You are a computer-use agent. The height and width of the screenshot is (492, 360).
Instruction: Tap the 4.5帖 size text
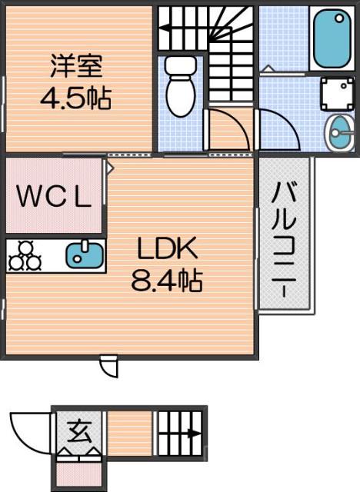pos(75,98)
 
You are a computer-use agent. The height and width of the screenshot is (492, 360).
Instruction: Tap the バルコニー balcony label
pos(285,238)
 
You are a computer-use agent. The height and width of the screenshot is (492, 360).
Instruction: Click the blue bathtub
pos(332,38)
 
